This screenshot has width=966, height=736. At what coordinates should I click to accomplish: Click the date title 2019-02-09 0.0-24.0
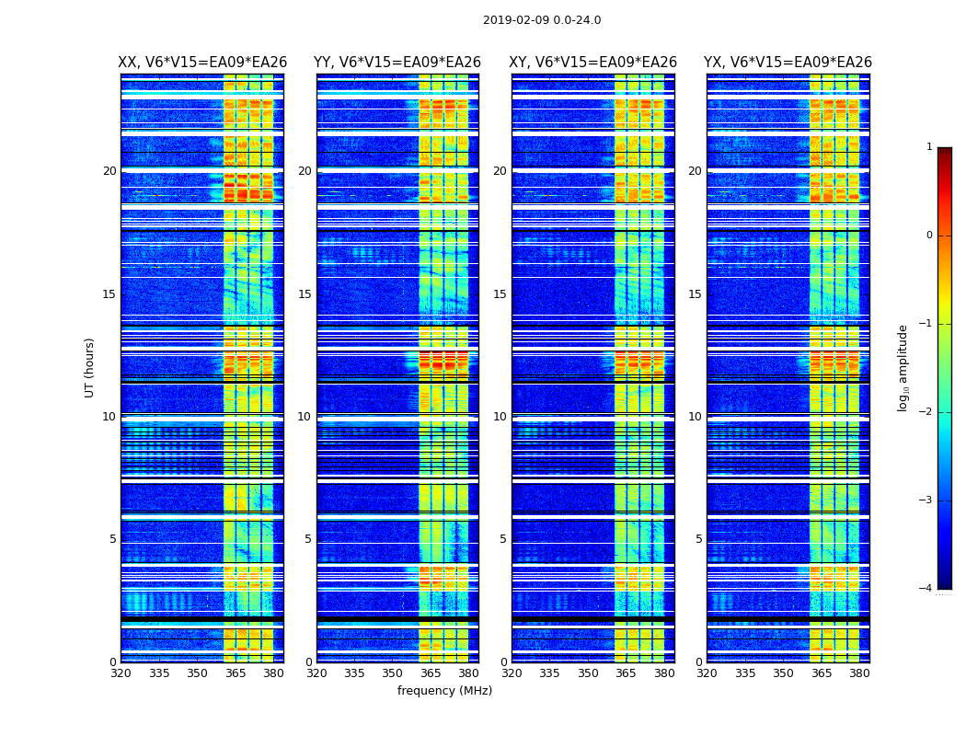pyautogui.click(x=542, y=20)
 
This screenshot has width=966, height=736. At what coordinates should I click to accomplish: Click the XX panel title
pyautogui.click(x=202, y=63)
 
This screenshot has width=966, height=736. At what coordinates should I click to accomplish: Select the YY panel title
pyautogui.click(x=397, y=63)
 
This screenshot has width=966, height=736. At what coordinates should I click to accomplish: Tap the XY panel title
pyautogui.click(x=593, y=63)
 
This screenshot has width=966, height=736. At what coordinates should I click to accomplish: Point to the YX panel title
pyautogui.click(x=788, y=63)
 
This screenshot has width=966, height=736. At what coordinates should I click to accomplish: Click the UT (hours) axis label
pyautogui.click(x=90, y=367)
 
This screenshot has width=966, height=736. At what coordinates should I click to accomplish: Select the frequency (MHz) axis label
pyautogui.click(x=444, y=691)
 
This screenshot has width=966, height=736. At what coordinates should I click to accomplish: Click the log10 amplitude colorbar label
pyautogui.click(x=903, y=367)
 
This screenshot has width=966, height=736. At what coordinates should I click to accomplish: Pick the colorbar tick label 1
pyautogui.click(x=928, y=147)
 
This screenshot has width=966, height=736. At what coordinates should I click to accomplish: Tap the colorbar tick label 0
pyautogui.click(x=928, y=236)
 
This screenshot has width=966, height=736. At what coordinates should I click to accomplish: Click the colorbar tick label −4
pyautogui.click(x=926, y=589)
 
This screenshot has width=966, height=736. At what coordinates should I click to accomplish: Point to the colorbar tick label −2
pyautogui.click(x=926, y=412)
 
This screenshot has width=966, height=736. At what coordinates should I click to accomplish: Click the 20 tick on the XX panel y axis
pyautogui.click(x=109, y=171)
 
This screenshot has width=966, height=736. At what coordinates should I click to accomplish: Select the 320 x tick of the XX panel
pyautogui.click(x=121, y=673)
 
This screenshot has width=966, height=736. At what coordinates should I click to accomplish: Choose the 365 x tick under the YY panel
pyautogui.click(x=431, y=673)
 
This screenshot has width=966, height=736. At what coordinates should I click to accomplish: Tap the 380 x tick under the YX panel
pyautogui.click(x=859, y=673)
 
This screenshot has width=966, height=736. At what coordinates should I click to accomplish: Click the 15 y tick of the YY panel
pyautogui.click(x=305, y=294)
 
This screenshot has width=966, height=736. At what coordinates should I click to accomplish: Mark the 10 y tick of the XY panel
pyautogui.click(x=500, y=417)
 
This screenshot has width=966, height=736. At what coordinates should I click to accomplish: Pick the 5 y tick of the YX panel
pyautogui.click(x=698, y=539)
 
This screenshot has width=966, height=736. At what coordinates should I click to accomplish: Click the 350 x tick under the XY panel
pyautogui.click(x=588, y=673)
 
